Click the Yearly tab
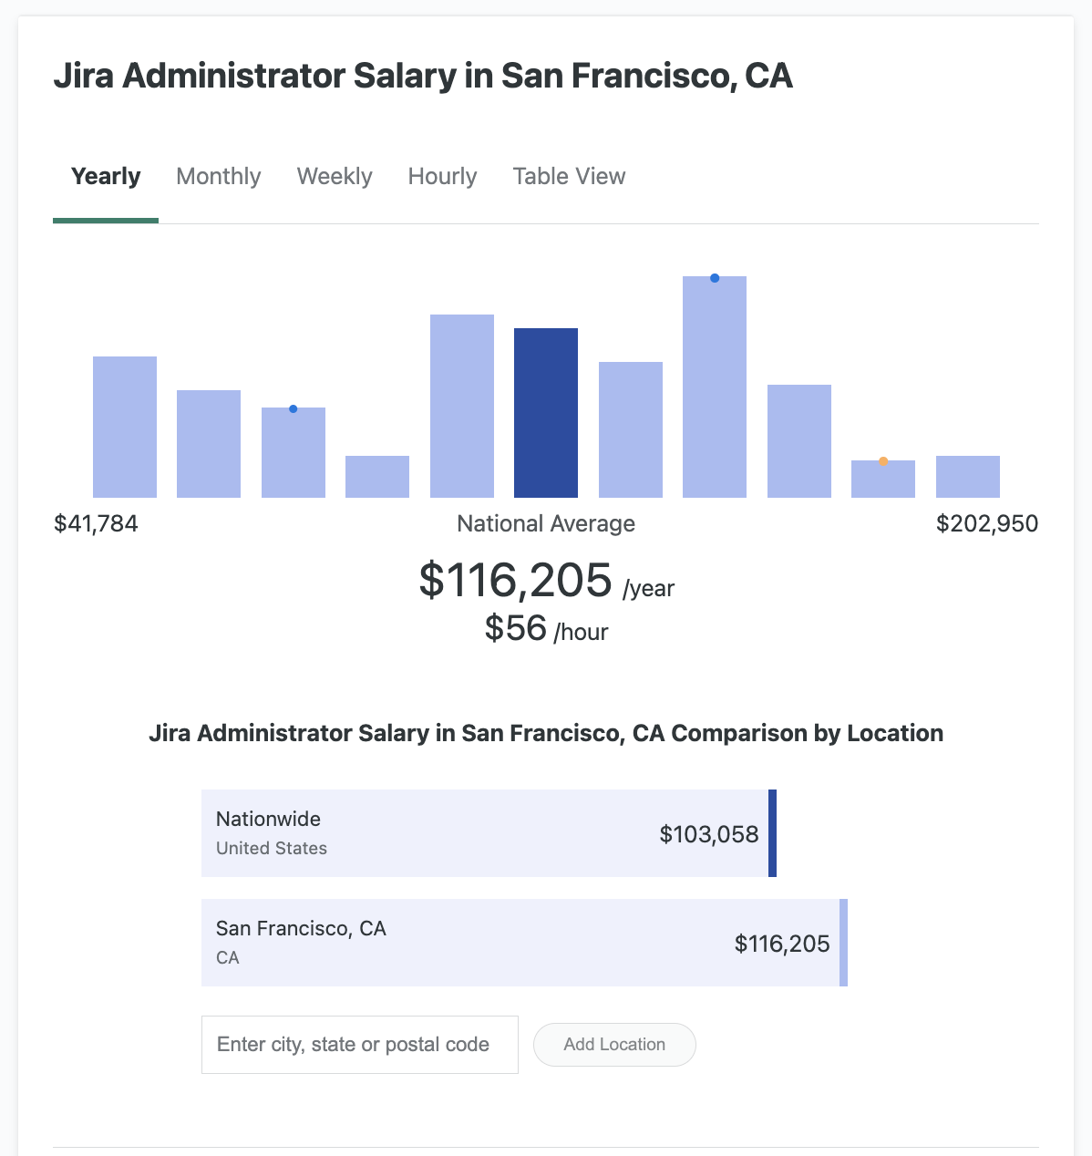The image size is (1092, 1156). click(106, 176)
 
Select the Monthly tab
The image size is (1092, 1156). click(219, 176)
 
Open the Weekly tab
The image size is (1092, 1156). click(335, 176)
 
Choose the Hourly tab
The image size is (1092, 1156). click(442, 176)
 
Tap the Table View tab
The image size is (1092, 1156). click(569, 176)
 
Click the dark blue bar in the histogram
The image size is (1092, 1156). click(546, 413)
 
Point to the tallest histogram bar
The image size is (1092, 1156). click(715, 387)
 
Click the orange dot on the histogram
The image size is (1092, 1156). click(883, 461)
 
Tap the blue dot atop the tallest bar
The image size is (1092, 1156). click(715, 278)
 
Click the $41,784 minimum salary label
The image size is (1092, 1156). click(96, 523)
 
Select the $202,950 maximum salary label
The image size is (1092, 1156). click(987, 523)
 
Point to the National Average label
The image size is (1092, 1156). click(546, 523)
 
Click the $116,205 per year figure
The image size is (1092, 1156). click(516, 580)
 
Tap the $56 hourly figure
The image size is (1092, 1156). click(516, 628)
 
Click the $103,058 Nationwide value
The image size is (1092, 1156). click(709, 834)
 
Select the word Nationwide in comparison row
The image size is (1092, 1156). click(268, 819)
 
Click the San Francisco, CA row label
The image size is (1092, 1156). click(301, 928)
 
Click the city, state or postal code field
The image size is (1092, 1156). click(360, 1045)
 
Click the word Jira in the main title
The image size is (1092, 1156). click(84, 76)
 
